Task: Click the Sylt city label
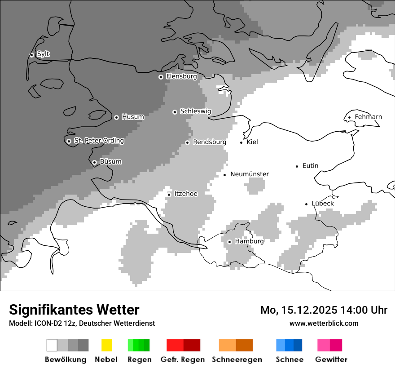pyautogui.click(x=43, y=54)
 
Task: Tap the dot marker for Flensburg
pyautogui.click(x=161, y=77)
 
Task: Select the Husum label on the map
pyautogui.click(x=133, y=117)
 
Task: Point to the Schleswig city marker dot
pyautogui.click(x=175, y=112)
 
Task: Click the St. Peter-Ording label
pyautogui.click(x=99, y=141)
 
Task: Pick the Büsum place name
pyautogui.click(x=110, y=162)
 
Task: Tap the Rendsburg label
pyautogui.click(x=209, y=142)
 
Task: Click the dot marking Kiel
pyautogui.click(x=241, y=142)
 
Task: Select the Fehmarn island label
pyautogui.click(x=368, y=117)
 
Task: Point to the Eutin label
pyautogui.click(x=310, y=166)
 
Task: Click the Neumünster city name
pyautogui.click(x=249, y=174)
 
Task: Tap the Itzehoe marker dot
pyautogui.click(x=169, y=195)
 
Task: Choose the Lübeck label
pyautogui.click(x=323, y=204)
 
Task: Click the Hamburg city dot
pyautogui.click(x=229, y=242)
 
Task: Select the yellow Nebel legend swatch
pyautogui.click(x=106, y=345)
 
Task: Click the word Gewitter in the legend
pyautogui.click(x=331, y=360)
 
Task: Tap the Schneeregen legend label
pyautogui.click(x=237, y=360)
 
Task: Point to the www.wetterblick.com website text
pyautogui.click(x=324, y=324)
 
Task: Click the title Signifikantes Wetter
pyautogui.click(x=74, y=310)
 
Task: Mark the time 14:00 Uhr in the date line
pyautogui.click(x=365, y=310)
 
